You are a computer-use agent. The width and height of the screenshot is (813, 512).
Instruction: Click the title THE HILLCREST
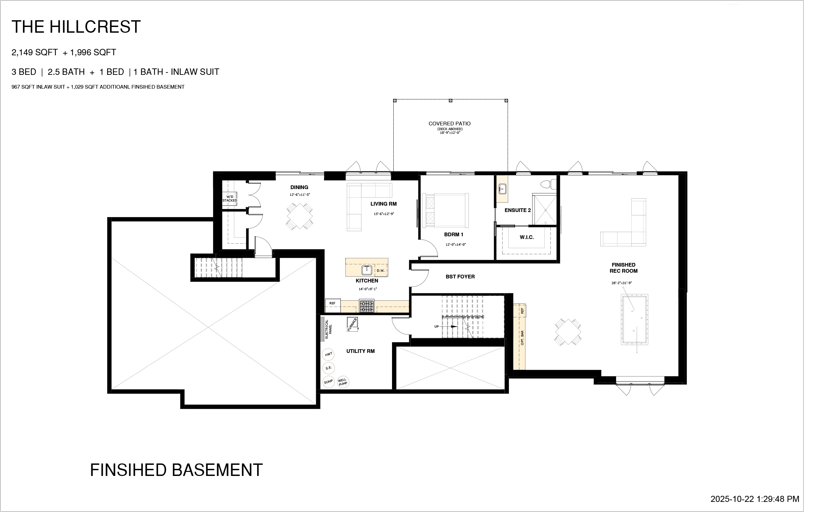pos(76,27)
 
